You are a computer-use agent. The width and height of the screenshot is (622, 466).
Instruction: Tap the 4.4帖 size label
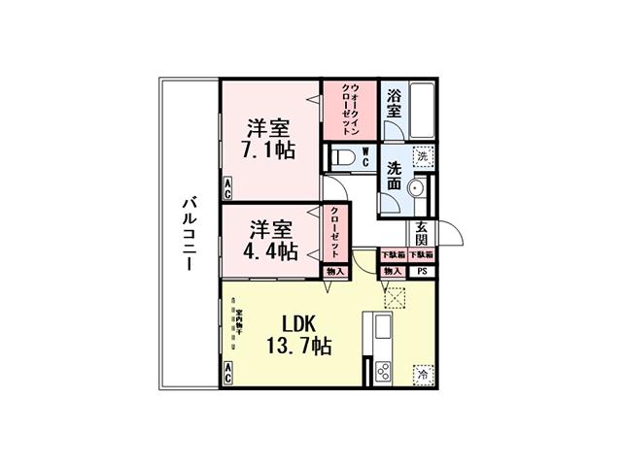tap(271, 251)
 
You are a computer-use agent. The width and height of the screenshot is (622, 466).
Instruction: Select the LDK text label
tap(302, 322)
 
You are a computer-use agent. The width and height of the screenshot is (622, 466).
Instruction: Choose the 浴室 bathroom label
tap(394, 104)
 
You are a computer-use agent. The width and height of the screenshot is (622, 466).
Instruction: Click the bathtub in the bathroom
tap(423, 112)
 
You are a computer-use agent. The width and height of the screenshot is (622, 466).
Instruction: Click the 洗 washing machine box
tap(423, 155)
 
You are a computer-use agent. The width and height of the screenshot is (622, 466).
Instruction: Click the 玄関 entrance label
tap(422, 233)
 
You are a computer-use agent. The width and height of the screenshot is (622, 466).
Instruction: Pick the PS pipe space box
tap(422, 271)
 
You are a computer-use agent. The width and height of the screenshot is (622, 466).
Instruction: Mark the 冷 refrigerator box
tap(423, 372)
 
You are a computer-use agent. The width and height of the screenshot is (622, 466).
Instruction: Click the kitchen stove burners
tap(383, 370)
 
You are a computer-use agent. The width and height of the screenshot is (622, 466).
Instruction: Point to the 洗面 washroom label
tap(395, 174)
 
